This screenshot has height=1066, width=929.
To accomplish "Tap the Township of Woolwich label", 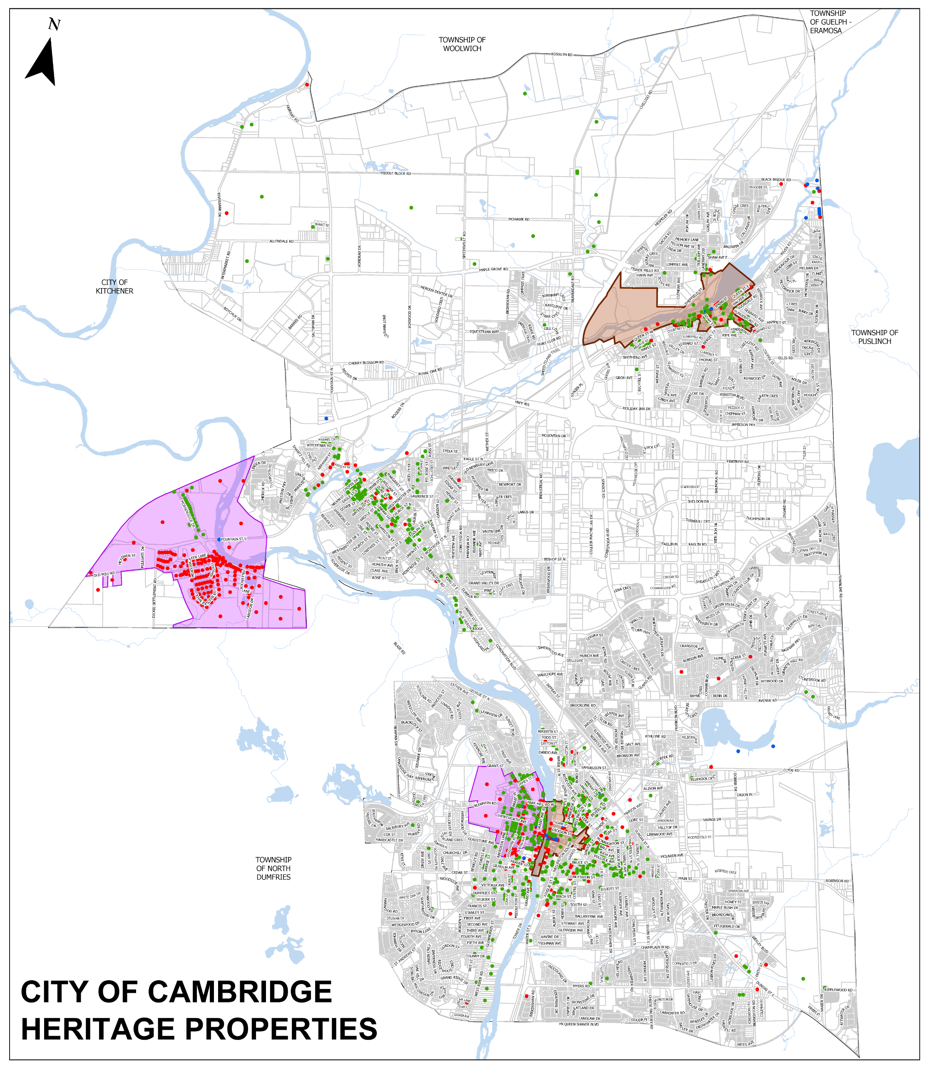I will (462, 44).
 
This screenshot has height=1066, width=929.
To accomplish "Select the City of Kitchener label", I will (114, 287).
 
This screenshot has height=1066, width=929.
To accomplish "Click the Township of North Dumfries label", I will (273, 868).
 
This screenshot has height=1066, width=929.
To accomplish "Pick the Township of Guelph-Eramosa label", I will (830, 22).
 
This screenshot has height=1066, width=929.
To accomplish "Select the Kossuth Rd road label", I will (561, 55).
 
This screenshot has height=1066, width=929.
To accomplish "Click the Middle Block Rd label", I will (395, 173).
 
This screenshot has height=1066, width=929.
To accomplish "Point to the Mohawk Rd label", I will (519, 219).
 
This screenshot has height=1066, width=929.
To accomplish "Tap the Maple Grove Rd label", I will (493, 270).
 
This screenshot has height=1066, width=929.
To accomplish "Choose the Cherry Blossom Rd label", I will (366, 363).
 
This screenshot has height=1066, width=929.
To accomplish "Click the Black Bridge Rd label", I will (776, 180).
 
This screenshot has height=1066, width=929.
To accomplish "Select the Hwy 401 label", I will (522, 403).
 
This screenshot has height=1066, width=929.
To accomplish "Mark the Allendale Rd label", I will (281, 241).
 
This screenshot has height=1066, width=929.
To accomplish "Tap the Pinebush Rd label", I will (738, 461).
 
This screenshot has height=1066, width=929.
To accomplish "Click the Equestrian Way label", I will (484, 331).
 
